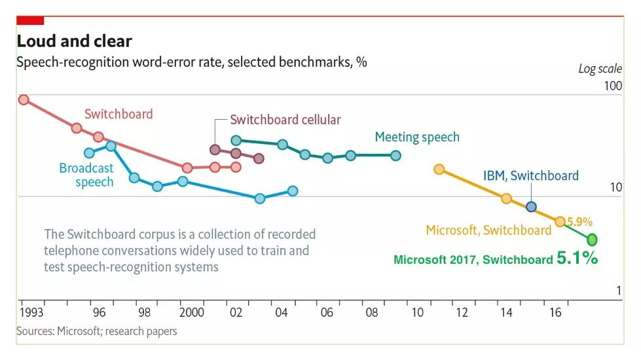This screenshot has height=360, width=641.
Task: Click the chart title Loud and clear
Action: (x=74, y=41)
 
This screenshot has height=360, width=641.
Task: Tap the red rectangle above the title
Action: (x=30, y=20)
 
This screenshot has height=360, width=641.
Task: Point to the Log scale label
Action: (x=599, y=69)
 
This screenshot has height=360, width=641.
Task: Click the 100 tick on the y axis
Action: (x=613, y=86)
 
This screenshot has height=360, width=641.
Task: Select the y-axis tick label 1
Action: (x=619, y=291)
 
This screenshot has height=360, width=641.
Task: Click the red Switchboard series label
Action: (x=118, y=114)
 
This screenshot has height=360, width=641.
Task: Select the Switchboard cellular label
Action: (x=285, y=120)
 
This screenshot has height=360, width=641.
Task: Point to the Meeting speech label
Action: (x=417, y=137)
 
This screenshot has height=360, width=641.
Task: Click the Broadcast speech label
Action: (x=86, y=175)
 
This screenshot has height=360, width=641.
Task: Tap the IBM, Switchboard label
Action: (x=531, y=175)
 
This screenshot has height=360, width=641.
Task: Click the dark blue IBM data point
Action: (x=531, y=207)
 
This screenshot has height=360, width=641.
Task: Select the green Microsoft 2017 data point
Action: (x=593, y=239)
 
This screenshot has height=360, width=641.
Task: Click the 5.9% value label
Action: (x=579, y=221)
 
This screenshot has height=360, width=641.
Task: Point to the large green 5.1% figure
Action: (x=577, y=259)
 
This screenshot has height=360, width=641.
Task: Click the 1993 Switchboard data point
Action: (x=24, y=99)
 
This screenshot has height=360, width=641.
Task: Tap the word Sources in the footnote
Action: (x=35, y=331)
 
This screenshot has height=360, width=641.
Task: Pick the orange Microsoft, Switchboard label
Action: (x=488, y=230)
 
